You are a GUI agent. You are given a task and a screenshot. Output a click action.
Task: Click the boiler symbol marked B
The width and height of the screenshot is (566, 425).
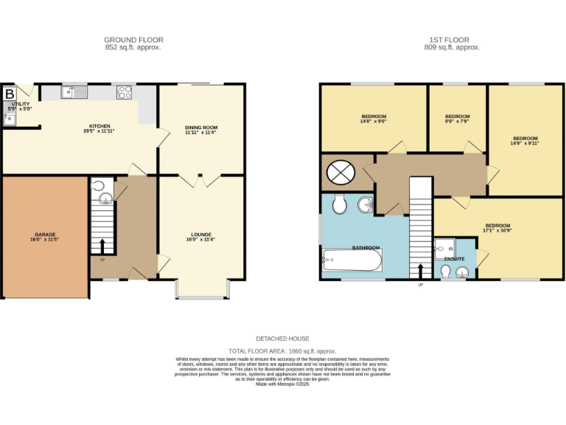pyautogui.click(x=10, y=94)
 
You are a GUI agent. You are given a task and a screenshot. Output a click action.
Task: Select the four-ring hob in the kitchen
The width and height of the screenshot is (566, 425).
pyautogui.click(x=125, y=92)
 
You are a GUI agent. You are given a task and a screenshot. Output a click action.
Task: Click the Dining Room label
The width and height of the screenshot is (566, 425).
pyautogui.click(x=201, y=128)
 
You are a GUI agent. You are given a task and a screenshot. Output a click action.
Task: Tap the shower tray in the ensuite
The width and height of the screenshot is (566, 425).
pyautogui.click(x=445, y=248)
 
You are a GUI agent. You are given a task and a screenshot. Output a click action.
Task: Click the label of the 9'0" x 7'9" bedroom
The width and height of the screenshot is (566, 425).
pyautogui.click(x=457, y=117)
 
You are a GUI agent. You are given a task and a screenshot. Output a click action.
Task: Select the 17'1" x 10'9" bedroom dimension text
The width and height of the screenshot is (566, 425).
pyautogui.click(x=497, y=232)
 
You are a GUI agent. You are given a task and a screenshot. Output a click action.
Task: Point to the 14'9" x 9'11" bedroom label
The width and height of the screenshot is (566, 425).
pyautogui.click(x=525, y=138)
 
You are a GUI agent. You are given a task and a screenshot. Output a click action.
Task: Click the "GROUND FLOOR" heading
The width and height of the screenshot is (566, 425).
pyautogui.click(x=133, y=40)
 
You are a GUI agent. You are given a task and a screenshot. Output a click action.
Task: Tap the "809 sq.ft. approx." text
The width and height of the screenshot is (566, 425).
pyautogui.click(x=456, y=47)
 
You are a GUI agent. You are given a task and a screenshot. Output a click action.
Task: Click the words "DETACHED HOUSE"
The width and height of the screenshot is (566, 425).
pyautogui.click(x=283, y=338)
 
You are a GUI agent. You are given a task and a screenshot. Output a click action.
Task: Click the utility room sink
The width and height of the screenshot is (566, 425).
pyautogui.click(x=8, y=118)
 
